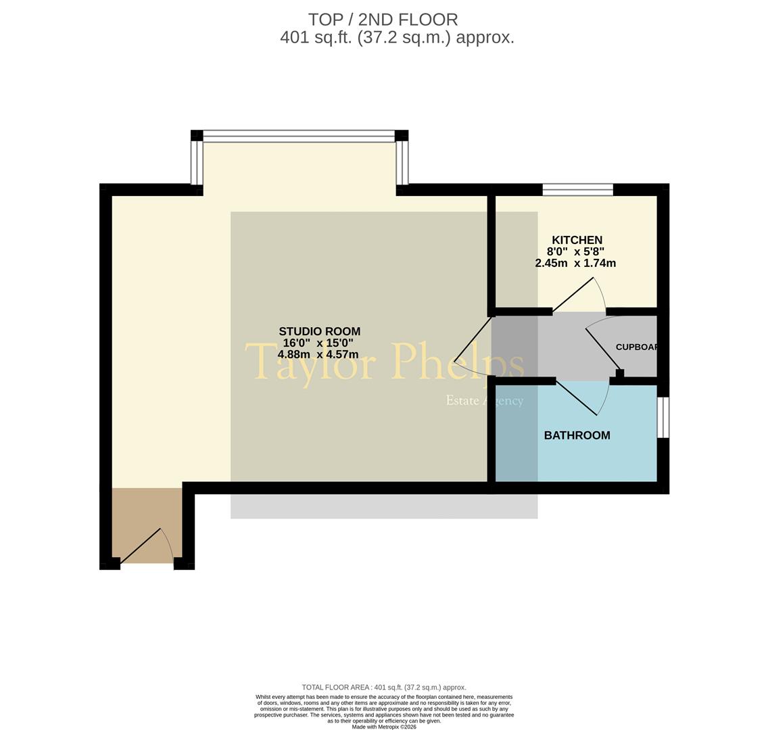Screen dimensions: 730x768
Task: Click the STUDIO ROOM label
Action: (x=319, y=331)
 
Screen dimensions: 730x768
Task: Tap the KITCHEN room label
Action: (x=577, y=240)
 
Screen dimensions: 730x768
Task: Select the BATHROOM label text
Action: (x=577, y=435)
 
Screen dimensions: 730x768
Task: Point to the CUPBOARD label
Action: (x=636, y=347)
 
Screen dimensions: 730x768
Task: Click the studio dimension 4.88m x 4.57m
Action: (x=318, y=354)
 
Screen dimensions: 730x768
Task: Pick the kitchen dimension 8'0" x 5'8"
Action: (x=575, y=251)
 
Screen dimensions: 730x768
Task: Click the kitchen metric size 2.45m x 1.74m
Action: (x=575, y=263)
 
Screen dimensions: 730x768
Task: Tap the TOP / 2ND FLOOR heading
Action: (x=383, y=20)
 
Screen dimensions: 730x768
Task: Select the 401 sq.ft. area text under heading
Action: (x=397, y=37)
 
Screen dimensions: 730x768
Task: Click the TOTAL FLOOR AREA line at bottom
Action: (x=383, y=687)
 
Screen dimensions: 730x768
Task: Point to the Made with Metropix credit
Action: (x=383, y=727)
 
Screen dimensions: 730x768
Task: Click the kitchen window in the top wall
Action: (x=577, y=189)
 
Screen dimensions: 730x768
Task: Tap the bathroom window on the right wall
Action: (x=663, y=417)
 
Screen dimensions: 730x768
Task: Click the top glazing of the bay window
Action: (x=299, y=136)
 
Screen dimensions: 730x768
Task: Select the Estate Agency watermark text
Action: (x=484, y=401)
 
